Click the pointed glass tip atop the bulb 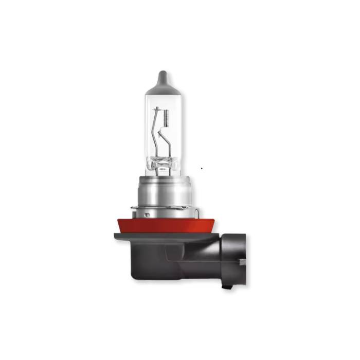(162, 77)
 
